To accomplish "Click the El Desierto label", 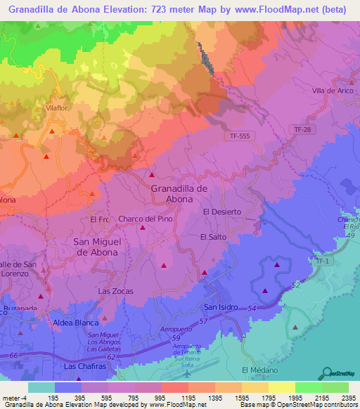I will point(221,212).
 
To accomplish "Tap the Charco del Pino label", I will point(145,219).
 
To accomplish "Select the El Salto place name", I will point(213,237).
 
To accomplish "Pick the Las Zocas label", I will point(115,291).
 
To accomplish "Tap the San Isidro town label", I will point(221,307).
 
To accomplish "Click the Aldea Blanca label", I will point(76,323).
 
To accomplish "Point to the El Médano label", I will point(259,370).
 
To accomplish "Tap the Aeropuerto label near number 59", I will point(176,330).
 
